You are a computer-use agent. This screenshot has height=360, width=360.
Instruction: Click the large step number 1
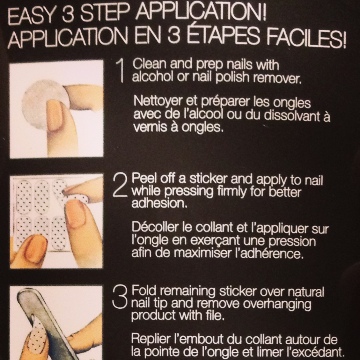pos(120,70)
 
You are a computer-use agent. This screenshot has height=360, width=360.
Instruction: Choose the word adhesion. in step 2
pos(159,203)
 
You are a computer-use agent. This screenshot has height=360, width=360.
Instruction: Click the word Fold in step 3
pos(143,291)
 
